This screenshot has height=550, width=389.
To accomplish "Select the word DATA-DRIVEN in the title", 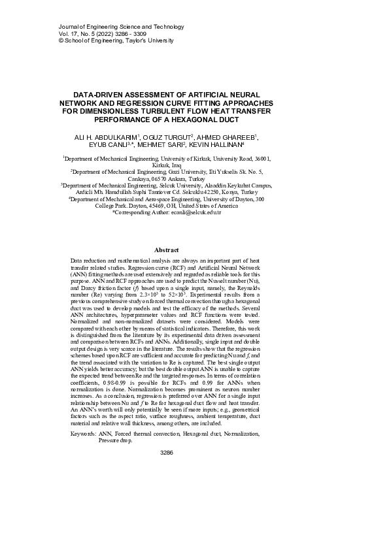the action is (x=97, y=95).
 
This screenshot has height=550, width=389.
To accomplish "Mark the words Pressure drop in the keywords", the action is (x=116, y=441).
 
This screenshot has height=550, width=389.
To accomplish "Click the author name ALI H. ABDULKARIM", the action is (x=100, y=137).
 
